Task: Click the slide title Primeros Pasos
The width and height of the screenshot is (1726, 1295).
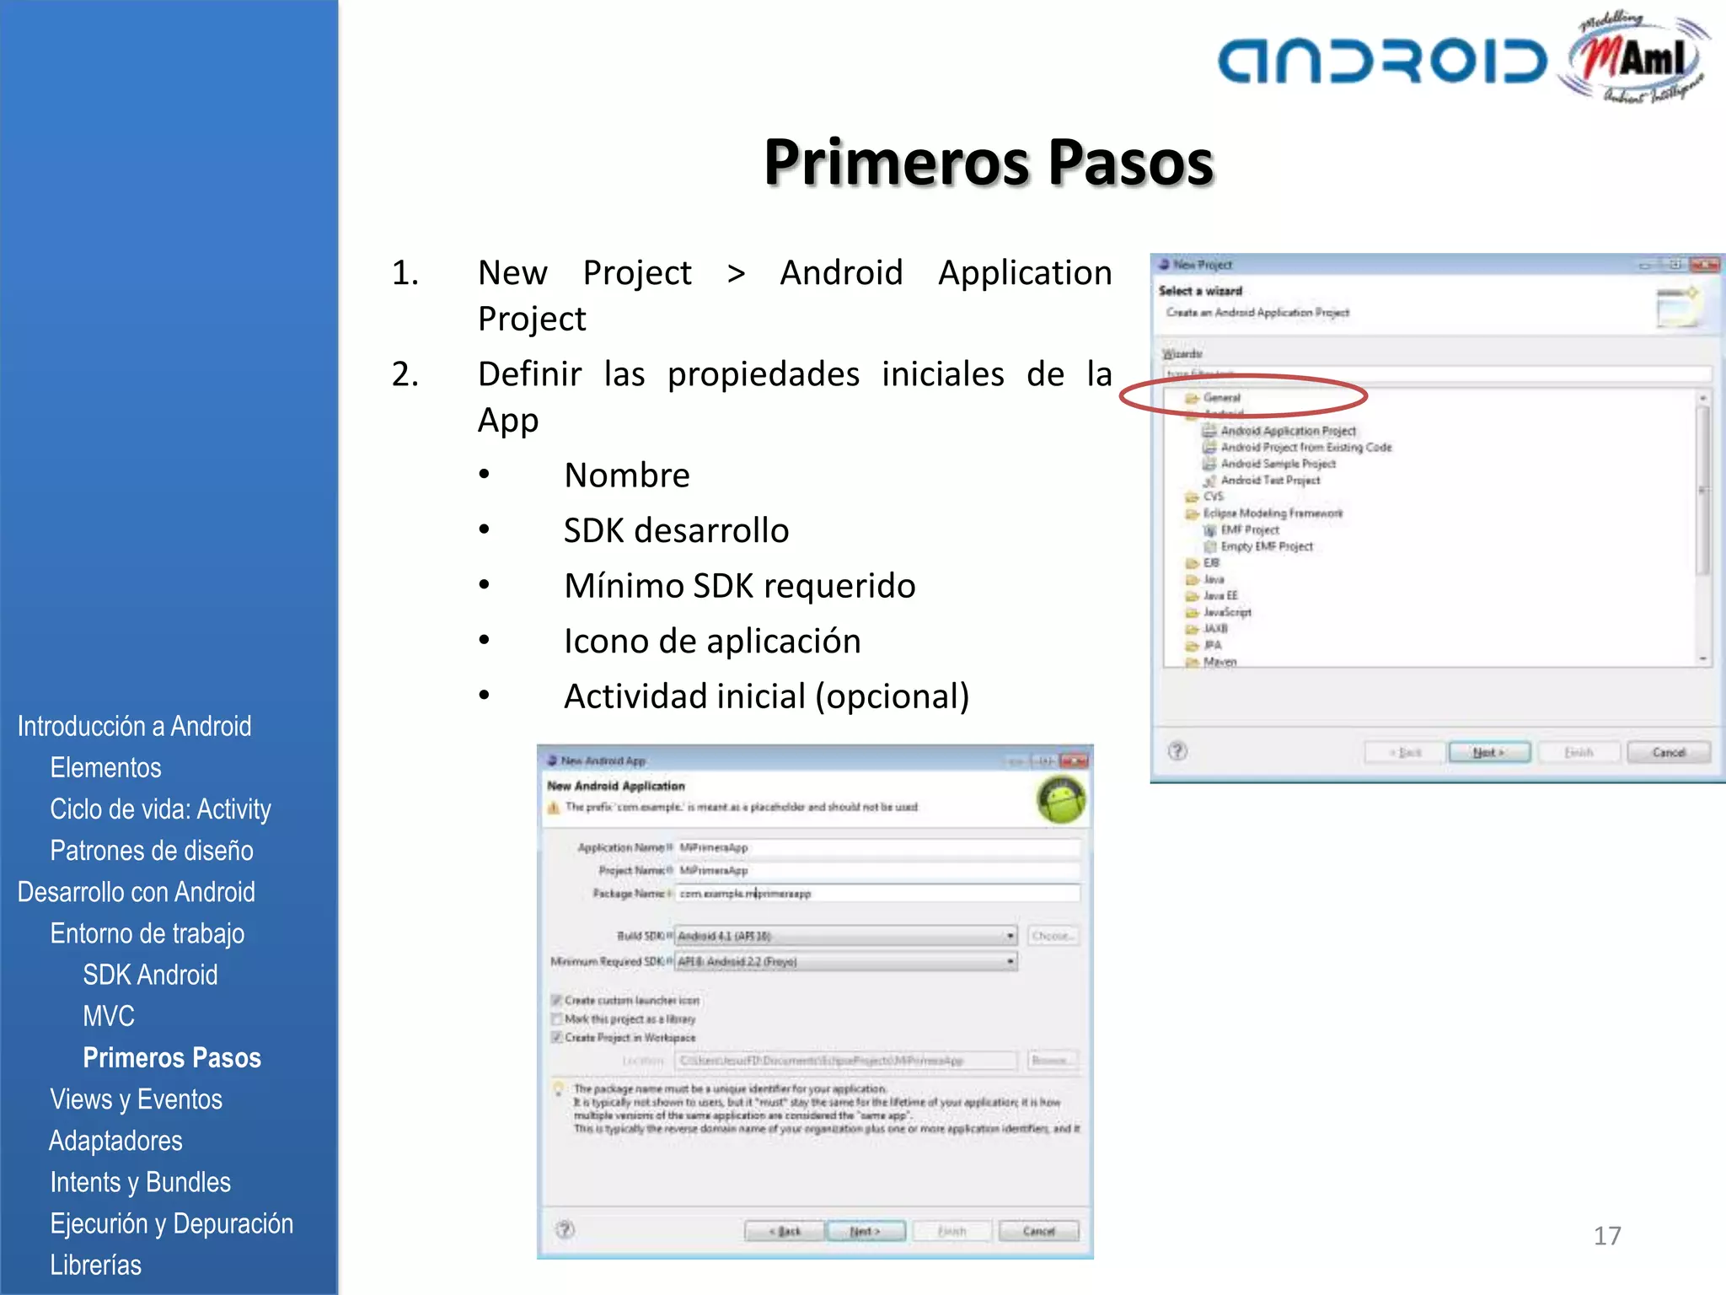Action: pos(988,162)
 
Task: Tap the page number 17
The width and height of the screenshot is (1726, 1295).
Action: pos(1606,1235)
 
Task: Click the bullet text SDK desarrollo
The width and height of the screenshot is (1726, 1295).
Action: pos(676,530)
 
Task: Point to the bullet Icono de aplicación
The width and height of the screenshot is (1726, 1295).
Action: pos(712,641)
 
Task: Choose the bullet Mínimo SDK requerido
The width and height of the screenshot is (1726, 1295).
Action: pos(739,586)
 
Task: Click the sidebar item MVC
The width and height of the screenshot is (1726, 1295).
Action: pos(109,1016)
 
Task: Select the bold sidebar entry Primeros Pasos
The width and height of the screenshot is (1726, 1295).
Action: pos(172,1057)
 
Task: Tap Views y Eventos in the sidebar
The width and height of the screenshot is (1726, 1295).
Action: pos(136,1099)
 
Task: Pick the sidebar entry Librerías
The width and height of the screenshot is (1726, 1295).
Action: pos(95,1265)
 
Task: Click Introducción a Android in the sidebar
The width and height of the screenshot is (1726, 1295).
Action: pos(134,726)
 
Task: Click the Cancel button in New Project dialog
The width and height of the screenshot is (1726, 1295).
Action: pos(1668,752)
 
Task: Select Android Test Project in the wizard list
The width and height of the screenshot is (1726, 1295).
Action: pos(1270,481)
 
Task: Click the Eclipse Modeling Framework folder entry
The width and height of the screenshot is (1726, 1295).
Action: pos(1273,513)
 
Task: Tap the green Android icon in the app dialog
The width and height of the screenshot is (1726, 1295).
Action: pos(1061,798)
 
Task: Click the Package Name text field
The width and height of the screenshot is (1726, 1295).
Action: pos(876,893)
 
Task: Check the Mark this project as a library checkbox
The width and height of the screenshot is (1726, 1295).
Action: pos(557,1019)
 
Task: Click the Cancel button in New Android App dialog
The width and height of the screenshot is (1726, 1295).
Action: pos(1038,1231)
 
